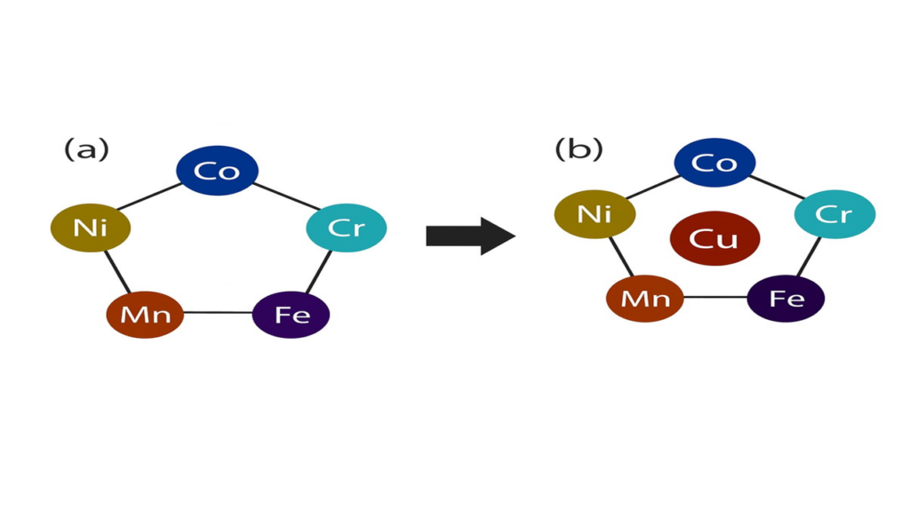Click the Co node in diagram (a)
coord(218,170)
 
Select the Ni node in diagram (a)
coord(91,228)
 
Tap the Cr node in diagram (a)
coord(347,228)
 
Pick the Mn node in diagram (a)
coord(145,314)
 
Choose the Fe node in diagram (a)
coord(291,314)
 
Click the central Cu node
coord(714,238)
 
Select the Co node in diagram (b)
coord(714,163)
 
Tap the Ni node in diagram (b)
coord(595,214)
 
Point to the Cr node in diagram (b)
coord(834,214)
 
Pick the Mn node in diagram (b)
coord(645,298)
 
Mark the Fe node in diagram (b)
coord(786,298)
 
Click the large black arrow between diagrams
coord(470,236)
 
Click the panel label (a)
coord(86,149)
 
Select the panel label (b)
coord(579,148)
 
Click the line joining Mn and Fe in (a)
coord(218,313)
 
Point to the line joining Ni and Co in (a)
coord(151,198)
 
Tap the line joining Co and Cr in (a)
coord(283,196)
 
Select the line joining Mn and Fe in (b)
coord(715,297)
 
